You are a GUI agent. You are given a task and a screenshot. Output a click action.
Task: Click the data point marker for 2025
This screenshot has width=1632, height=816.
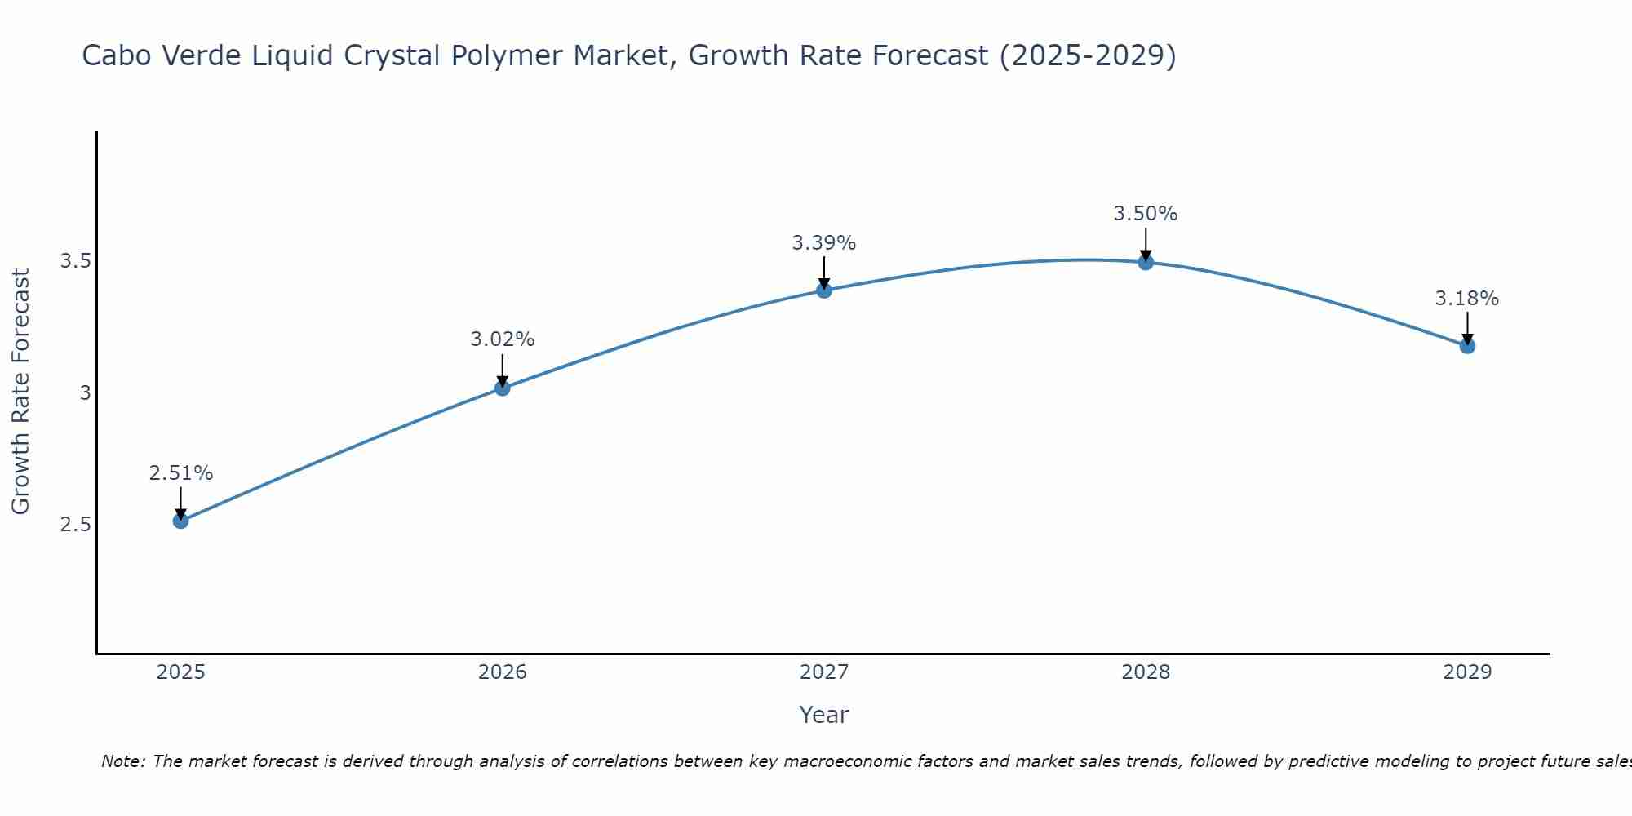180,521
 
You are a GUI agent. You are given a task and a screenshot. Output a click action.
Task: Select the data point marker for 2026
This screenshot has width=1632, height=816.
502,388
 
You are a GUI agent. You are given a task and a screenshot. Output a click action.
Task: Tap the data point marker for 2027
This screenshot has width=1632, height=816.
823,290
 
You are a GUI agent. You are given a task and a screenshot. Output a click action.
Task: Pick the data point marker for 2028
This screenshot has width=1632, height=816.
1145,262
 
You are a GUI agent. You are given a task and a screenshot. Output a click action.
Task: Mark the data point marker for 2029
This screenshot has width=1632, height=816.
1466,346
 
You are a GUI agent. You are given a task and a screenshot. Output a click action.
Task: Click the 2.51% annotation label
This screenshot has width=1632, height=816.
180,473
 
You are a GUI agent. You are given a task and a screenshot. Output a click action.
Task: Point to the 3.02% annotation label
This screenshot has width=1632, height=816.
502,339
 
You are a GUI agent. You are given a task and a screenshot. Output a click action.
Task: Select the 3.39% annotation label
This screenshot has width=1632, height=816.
823,243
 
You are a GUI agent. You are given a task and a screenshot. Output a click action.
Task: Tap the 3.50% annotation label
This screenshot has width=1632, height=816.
1145,214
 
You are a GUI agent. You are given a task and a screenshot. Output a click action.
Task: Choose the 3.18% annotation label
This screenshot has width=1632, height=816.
1466,299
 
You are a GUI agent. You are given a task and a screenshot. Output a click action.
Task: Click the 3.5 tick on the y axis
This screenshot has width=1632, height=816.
75,261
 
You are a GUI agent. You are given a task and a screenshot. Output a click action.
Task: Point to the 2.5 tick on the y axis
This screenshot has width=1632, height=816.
75,524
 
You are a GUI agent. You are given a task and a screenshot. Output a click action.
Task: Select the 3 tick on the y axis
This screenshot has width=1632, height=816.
85,392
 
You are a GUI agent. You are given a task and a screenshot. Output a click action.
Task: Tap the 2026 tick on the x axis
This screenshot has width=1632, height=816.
502,672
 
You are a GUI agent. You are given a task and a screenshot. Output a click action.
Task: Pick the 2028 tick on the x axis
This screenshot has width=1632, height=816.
1145,672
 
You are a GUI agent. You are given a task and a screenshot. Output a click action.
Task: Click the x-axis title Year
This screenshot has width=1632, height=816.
823,715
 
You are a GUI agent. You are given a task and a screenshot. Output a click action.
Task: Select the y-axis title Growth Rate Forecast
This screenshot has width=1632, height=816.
20,392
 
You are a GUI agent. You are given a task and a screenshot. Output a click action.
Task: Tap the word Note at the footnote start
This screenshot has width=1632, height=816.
122,761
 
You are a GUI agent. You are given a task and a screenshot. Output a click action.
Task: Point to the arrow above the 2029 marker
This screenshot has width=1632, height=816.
1466,328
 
